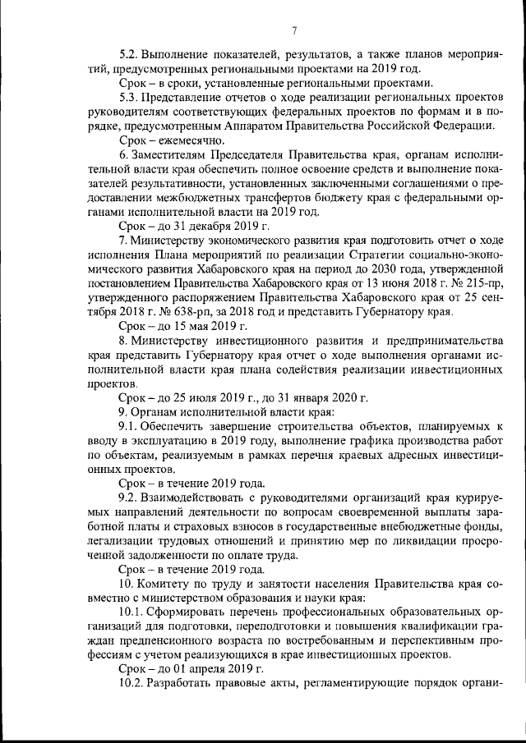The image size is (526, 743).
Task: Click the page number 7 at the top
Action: (x=293, y=31)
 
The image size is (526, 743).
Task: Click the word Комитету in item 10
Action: (x=170, y=583)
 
